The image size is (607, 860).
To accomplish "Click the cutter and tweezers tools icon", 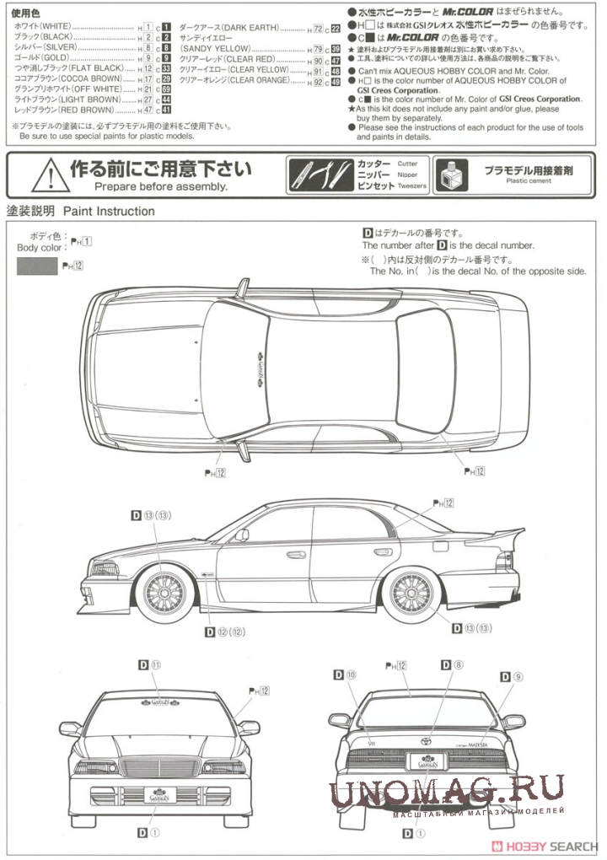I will pyautogui.click(x=321, y=174).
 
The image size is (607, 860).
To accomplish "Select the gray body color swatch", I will pyautogui.click(x=37, y=266).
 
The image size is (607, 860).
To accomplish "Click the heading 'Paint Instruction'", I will pyautogui.click(x=106, y=211).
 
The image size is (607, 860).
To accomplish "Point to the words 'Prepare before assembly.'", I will pyautogui.click(x=161, y=186).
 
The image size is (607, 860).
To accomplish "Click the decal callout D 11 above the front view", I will pyautogui.click(x=149, y=665).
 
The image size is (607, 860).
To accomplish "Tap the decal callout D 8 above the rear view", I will pyautogui.click(x=452, y=665).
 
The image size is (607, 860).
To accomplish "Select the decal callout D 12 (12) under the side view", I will pyautogui.click(x=224, y=632).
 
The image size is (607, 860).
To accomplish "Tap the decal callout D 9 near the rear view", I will pyautogui.click(x=511, y=676).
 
